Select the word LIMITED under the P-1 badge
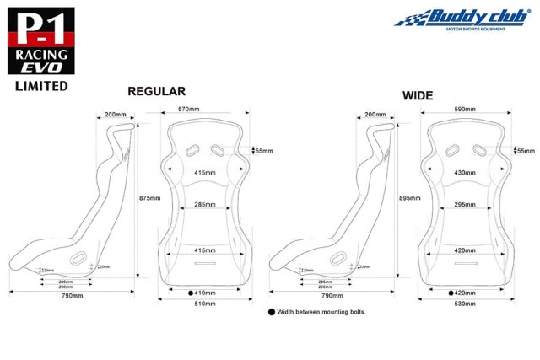point(41,85)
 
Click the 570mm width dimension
point(189,109)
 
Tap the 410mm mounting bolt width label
point(205,293)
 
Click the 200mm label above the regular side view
point(116,114)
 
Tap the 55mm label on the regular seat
point(264,151)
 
